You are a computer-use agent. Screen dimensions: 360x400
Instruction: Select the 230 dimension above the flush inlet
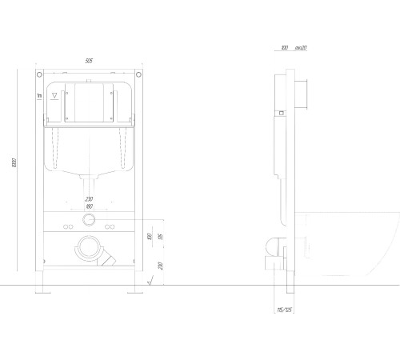[90, 198]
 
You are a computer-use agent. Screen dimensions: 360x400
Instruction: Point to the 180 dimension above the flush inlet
[90, 205]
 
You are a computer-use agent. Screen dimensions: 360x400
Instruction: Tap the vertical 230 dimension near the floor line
[161, 266]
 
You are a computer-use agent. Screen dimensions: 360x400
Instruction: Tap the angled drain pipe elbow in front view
[108, 256]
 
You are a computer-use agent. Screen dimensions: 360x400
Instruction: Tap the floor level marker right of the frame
[150, 282]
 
